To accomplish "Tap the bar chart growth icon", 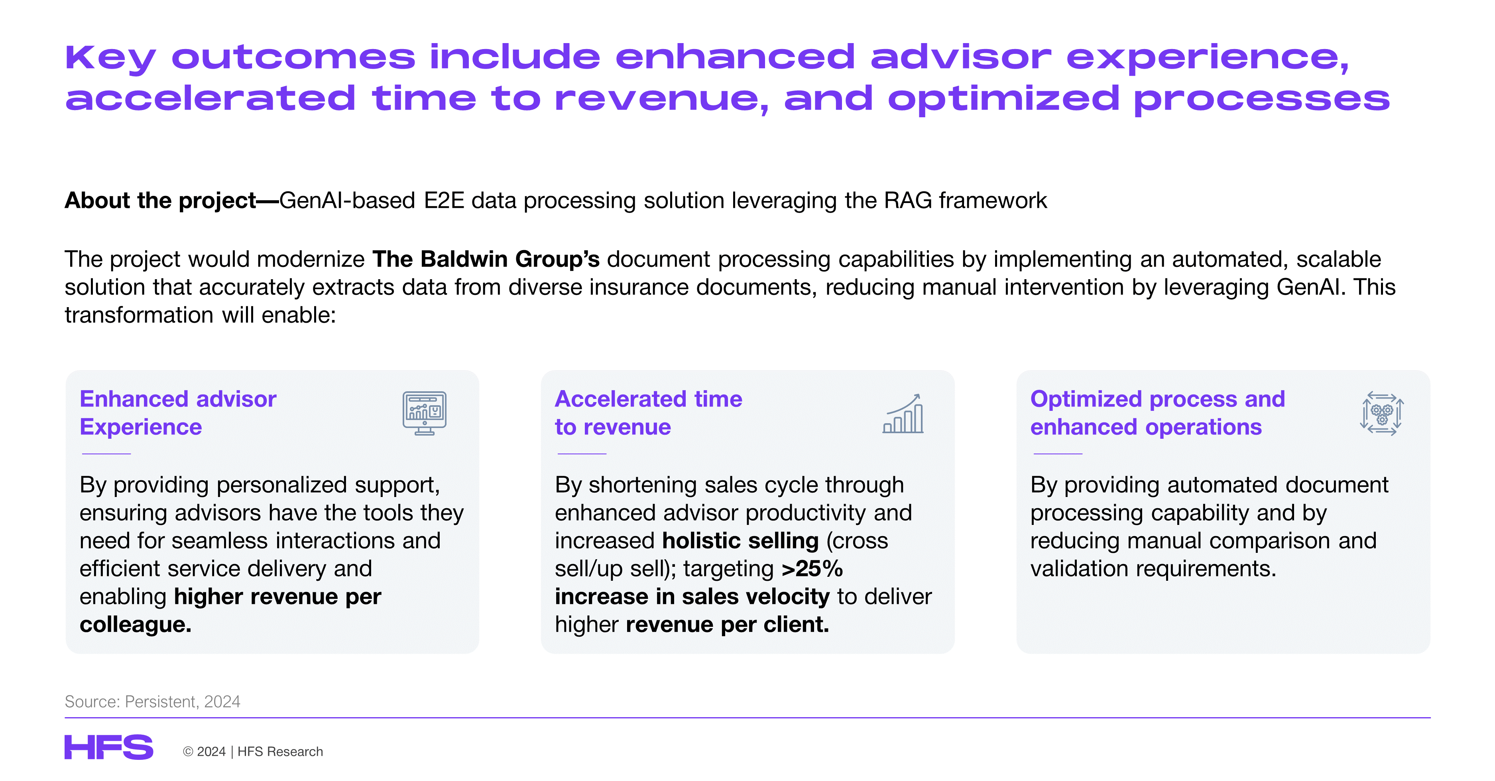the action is [x=903, y=414].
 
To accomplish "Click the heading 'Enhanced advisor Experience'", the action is [x=178, y=413].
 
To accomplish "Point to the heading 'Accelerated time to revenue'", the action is [x=648, y=413].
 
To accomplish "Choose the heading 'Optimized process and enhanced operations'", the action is [x=1158, y=413].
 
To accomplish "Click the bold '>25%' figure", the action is [x=812, y=568].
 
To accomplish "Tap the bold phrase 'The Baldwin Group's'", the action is [x=486, y=259].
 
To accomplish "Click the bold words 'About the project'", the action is [x=160, y=200].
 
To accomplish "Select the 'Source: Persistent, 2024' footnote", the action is [x=152, y=702].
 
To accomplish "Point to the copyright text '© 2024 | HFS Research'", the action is [x=252, y=751].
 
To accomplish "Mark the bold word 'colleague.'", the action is [x=135, y=624].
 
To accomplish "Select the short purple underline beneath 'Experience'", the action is [x=106, y=454].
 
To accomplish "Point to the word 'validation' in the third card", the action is [x=1080, y=568].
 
